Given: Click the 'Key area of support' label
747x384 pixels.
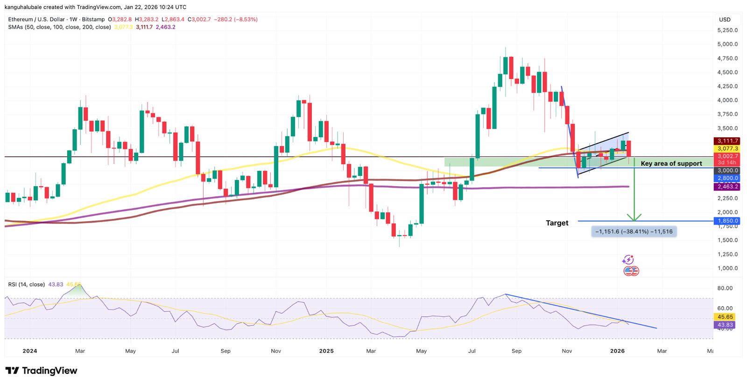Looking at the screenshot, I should [x=671, y=164].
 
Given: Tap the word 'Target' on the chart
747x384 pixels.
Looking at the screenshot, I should [x=557, y=223].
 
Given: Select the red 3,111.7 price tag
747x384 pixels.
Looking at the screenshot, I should [x=727, y=141].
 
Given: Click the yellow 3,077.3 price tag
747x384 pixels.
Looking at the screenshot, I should [x=727, y=148].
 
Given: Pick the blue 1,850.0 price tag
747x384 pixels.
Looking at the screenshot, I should [x=727, y=221].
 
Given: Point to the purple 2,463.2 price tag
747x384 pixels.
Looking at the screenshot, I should [x=727, y=187].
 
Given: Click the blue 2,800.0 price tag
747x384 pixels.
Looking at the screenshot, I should [x=727, y=178].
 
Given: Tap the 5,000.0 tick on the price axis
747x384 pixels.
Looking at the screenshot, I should [x=727, y=44].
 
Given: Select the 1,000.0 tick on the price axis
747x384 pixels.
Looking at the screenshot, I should [x=727, y=268].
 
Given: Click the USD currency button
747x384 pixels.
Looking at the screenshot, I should [x=725, y=20].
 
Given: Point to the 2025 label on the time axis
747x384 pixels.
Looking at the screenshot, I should [x=326, y=351].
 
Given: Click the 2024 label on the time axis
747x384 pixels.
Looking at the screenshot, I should [x=29, y=351].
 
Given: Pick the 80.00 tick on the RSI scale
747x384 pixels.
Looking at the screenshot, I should [x=725, y=288].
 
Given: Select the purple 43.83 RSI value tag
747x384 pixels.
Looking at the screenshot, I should [x=726, y=325].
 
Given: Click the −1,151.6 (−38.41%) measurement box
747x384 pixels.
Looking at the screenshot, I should [x=634, y=231].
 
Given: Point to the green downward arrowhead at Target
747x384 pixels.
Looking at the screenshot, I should [x=634, y=217].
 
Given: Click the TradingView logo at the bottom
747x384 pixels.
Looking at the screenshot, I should [x=41, y=371].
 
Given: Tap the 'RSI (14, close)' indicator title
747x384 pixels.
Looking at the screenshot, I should [x=27, y=285].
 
